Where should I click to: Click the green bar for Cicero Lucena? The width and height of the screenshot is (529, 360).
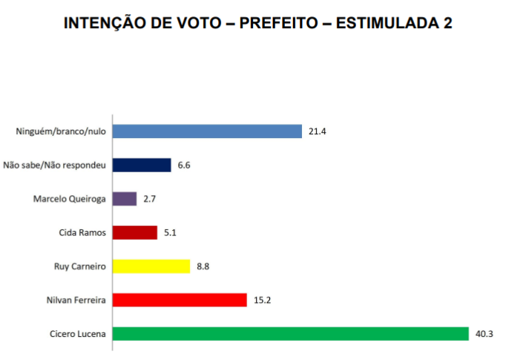pyautogui.click(x=291, y=333)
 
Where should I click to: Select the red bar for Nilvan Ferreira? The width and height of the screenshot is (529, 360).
pyautogui.click(x=180, y=300)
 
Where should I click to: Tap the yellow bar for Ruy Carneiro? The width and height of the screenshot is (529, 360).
pyautogui.click(x=151, y=266)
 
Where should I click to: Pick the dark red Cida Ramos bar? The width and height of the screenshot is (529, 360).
pyautogui.click(x=135, y=232)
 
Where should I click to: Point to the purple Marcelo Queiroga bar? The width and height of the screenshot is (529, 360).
pyautogui.click(x=125, y=198)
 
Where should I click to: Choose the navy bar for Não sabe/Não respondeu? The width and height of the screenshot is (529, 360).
pyautogui.click(x=142, y=165)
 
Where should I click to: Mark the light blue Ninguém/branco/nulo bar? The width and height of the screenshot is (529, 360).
pyautogui.click(x=208, y=131)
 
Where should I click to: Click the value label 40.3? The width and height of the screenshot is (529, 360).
pyautogui.click(x=484, y=334)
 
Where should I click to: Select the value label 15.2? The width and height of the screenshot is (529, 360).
pyautogui.click(x=262, y=300)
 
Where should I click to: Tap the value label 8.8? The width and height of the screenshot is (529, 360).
pyautogui.click(x=203, y=266)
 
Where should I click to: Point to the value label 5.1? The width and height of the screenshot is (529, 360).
pyautogui.click(x=170, y=232)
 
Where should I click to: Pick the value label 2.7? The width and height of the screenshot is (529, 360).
pyautogui.click(x=149, y=199)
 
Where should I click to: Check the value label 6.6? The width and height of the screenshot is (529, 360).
pyautogui.click(x=184, y=166)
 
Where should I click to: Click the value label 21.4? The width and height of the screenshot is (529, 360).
pyautogui.click(x=317, y=132)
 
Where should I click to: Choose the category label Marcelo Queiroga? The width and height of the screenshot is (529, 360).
pyautogui.click(x=70, y=199)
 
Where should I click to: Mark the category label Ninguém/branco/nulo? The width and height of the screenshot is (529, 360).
pyautogui.click(x=62, y=132)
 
